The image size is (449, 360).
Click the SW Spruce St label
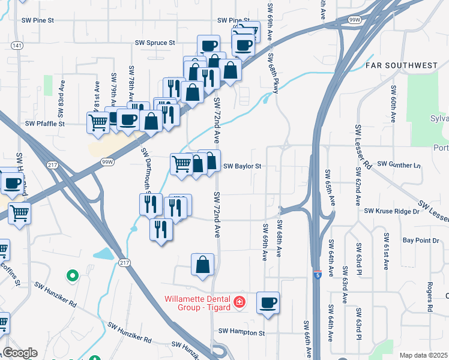(155, 43)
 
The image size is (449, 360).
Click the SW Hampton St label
(241, 332)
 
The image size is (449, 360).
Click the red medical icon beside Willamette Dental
(240, 302)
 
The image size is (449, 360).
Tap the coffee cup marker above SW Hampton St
(268, 302)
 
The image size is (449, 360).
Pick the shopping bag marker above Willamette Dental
(203, 263)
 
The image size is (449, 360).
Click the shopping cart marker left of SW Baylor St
(181, 163)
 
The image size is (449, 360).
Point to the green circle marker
(72, 276)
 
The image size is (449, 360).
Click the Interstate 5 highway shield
(316, 274)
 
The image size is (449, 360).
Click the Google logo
(20, 353)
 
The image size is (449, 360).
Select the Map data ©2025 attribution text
(423, 355)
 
